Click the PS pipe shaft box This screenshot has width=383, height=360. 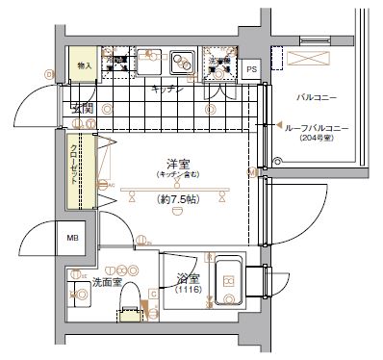[251, 70]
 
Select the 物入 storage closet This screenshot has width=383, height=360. [84, 64]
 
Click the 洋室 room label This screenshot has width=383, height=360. [174, 164]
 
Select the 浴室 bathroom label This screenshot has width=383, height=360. [187, 279]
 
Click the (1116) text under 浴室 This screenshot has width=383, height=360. [187, 290]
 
